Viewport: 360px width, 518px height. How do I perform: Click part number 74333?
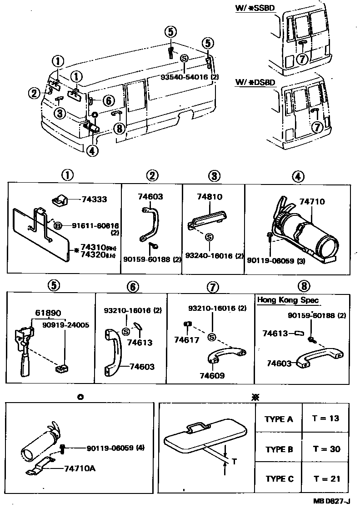pos(95,199)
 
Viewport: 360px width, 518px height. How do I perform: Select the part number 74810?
pos(210,197)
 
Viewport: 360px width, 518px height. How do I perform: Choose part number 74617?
pos(187,339)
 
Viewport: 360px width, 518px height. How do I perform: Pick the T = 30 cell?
pos(326,448)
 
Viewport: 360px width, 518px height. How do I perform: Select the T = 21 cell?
pos(326,478)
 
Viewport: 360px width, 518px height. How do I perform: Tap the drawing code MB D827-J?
pos(331,501)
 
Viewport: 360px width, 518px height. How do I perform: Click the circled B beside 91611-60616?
pos(58,225)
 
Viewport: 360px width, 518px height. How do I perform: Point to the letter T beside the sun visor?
pos(234,462)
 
